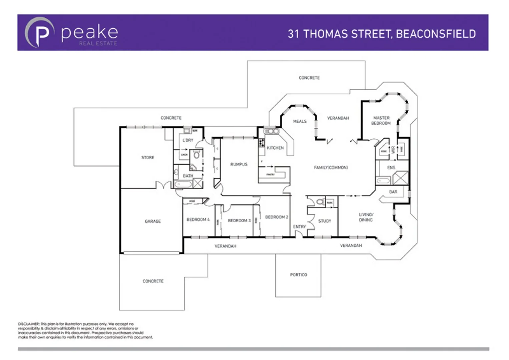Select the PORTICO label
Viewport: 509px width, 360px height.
coord(299,275)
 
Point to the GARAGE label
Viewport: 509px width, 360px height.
coord(153,221)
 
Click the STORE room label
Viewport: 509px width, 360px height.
coord(148,158)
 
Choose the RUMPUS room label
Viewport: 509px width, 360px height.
coord(239,164)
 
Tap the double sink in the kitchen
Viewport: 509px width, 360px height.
coord(272,131)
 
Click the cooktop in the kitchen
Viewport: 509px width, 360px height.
coord(262,143)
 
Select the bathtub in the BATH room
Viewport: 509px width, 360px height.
coord(183,184)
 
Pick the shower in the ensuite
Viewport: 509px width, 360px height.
coord(400,178)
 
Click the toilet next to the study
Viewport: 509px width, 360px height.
coord(320,202)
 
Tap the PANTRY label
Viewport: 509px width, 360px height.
coord(271,174)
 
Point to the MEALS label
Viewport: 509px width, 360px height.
coord(300,121)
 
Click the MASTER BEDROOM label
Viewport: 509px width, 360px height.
coord(381,121)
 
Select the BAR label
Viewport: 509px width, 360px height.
coord(393,192)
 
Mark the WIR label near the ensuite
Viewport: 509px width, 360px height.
coord(393,150)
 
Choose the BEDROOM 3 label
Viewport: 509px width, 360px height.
coord(239,221)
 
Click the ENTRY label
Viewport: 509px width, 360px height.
coord(299,227)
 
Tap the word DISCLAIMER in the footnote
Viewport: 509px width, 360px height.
coord(29,324)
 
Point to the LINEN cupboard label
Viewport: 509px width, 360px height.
coord(184,155)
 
